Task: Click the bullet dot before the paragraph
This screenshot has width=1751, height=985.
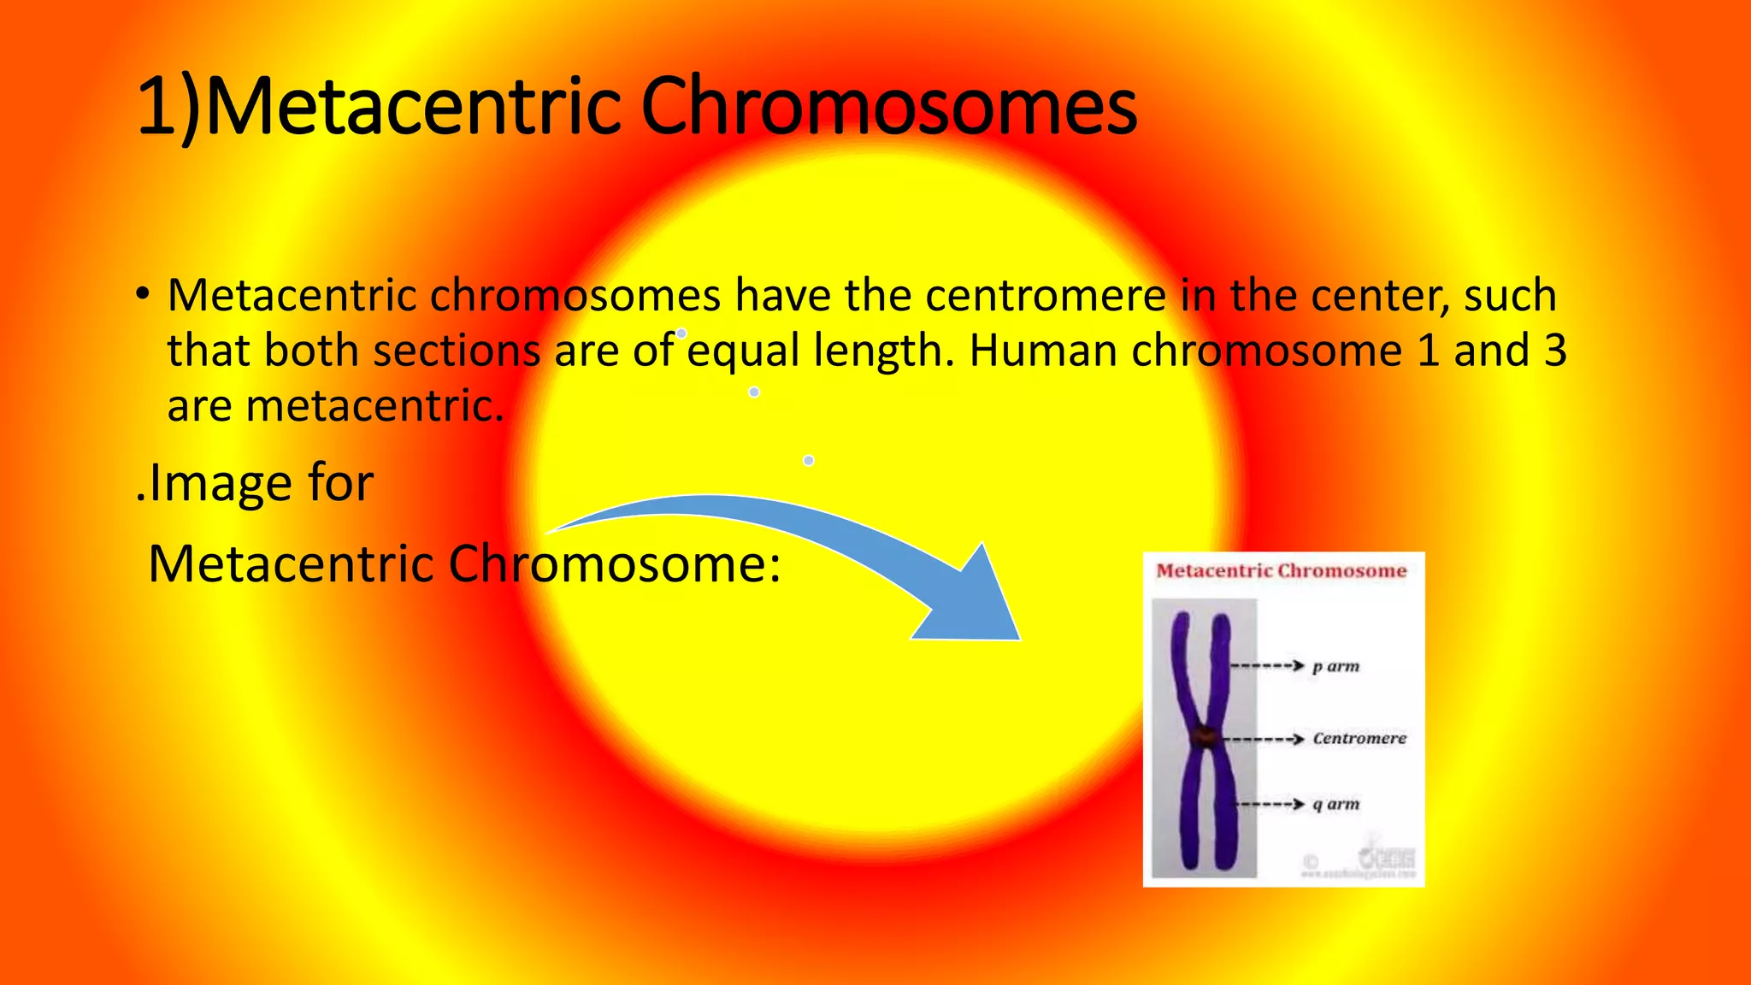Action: point(143,296)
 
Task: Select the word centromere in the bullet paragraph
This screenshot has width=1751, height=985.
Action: point(1045,296)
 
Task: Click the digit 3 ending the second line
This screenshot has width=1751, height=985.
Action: point(1554,351)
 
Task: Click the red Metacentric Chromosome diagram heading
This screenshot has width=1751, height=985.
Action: point(1281,571)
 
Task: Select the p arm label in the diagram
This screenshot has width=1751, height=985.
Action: point(1335,666)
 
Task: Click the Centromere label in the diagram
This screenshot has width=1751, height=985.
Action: point(1359,738)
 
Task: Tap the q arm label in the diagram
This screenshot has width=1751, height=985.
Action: point(1335,804)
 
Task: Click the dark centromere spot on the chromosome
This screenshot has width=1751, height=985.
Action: point(1205,736)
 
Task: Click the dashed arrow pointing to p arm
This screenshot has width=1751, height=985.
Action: point(1266,665)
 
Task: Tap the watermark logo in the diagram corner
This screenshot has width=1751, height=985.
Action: point(1388,858)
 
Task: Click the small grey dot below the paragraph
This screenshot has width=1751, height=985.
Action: point(808,461)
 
